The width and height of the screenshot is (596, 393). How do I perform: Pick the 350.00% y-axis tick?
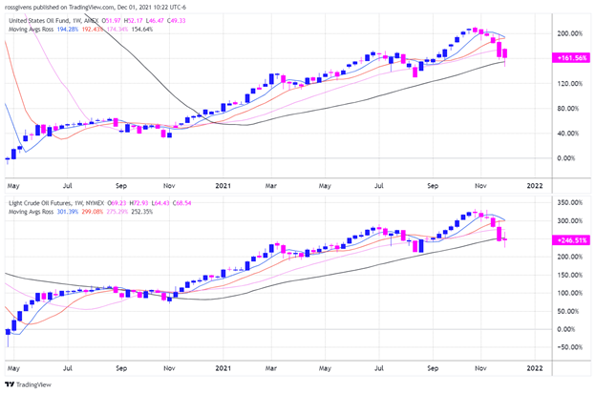coord(569,203)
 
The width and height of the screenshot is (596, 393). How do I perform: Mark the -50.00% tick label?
coord(569,347)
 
